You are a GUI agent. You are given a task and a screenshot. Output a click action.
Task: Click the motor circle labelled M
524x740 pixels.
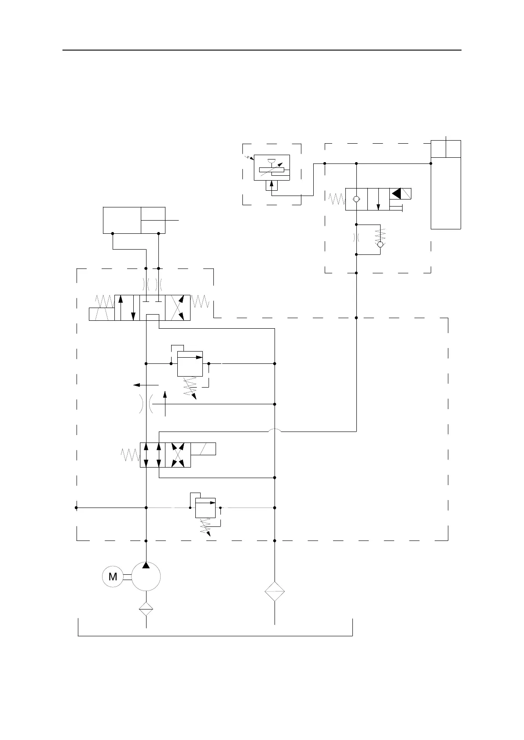[113, 577]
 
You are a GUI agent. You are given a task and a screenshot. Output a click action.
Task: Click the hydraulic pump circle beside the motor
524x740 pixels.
[146, 577]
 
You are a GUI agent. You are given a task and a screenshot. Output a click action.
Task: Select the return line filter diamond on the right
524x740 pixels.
[275, 592]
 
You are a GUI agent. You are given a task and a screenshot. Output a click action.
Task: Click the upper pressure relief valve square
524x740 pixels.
[190, 363]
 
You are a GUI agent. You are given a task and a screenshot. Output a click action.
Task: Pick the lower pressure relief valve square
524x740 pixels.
[205, 508]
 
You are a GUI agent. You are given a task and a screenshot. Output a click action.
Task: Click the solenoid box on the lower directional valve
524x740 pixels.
[203, 449]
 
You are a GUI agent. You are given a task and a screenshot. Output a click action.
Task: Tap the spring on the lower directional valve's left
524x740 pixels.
[130, 455]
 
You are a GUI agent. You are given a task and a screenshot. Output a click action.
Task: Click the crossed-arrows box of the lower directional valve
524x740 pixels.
[178, 455]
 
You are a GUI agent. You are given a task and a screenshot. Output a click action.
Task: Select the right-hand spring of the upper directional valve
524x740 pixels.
[200, 301]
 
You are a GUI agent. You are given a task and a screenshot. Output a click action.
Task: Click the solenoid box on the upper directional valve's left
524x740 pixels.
[102, 314]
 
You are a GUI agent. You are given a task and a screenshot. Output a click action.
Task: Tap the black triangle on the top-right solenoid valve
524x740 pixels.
[396, 193]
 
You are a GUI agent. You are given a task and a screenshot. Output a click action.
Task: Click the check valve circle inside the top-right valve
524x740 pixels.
[356, 199]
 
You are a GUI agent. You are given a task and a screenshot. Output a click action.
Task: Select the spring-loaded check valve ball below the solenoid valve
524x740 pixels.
[381, 244]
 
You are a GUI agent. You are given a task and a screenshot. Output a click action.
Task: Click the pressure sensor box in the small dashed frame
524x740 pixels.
[272, 167]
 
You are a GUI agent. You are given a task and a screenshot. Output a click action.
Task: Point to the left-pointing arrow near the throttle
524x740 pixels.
[143, 385]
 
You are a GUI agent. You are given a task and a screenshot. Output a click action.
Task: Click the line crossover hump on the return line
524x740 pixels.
[275, 431]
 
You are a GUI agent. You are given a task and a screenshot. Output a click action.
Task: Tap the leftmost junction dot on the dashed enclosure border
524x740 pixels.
[76, 508]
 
